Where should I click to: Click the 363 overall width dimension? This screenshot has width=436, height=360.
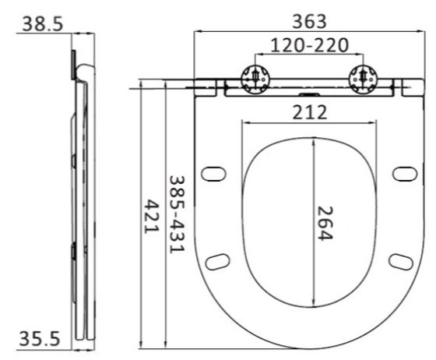pyautogui.click(x=309, y=22)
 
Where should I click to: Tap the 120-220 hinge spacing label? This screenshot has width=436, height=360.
pyautogui.click(x=309, y=45)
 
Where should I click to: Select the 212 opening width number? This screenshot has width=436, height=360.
pyautogui.click(x=310, y=112)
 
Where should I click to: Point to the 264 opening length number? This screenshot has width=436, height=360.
pyautogui.click(x=325, y=223)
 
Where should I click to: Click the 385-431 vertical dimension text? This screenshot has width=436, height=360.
pyautogui.click(x=178, y=214)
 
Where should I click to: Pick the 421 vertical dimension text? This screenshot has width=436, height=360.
pyautogui.click(x=152, y=216)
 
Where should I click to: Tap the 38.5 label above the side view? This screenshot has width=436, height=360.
pyautogui.click(x=43, y=23)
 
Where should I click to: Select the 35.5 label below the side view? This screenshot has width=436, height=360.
pyautogui.click(x=40, y=339)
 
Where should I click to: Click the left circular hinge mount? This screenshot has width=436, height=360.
pyautogui.click(x=255, y=79)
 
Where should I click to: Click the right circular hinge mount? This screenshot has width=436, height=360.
pyautogui.click(x=363, y=79)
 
